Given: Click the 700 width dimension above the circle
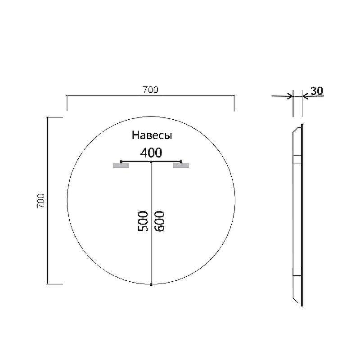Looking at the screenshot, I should [151, 90].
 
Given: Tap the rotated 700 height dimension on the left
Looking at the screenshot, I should [40, 201].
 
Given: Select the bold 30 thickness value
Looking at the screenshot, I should [316, 91].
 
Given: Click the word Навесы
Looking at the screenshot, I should [152, 135].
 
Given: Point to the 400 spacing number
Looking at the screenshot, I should [151, 153].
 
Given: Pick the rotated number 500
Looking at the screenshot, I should [143, 221].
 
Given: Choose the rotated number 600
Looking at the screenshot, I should [160, 221].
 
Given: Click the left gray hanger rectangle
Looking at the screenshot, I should [121, 166].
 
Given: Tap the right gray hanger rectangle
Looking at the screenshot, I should [181, 166].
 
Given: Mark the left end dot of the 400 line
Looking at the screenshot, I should [121, 161].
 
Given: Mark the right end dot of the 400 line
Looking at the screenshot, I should [181, 161].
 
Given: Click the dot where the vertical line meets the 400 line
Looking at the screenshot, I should [151, 161].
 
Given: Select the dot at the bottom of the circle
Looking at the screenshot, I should [151, 284].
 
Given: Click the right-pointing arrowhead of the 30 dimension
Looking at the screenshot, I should [289, 95].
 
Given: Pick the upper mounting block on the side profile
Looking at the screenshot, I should [297, 159].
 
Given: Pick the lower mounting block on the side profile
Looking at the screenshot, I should [297, 271].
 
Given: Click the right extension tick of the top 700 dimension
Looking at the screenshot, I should [234, 103].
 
